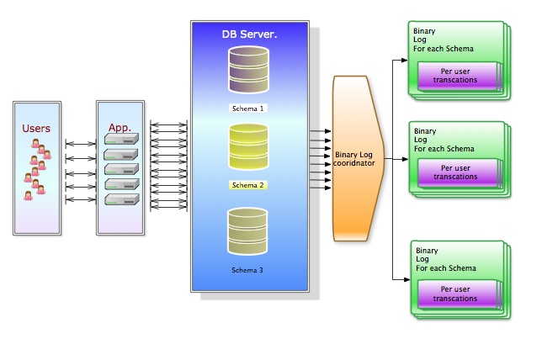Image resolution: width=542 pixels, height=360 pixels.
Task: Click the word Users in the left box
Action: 36,129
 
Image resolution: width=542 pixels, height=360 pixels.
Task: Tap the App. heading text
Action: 120,128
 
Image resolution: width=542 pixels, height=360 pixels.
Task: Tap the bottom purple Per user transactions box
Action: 454,294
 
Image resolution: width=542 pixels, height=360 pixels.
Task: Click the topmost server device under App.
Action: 121,141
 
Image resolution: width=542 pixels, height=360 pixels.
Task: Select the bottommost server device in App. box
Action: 121,199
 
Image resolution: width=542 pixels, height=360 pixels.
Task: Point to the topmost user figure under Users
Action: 36,144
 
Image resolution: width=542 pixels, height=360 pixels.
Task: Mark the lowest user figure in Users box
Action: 28,195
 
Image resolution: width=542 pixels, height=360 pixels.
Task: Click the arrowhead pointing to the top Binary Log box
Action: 402,61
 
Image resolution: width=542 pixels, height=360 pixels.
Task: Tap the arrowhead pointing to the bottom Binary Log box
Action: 402,278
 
